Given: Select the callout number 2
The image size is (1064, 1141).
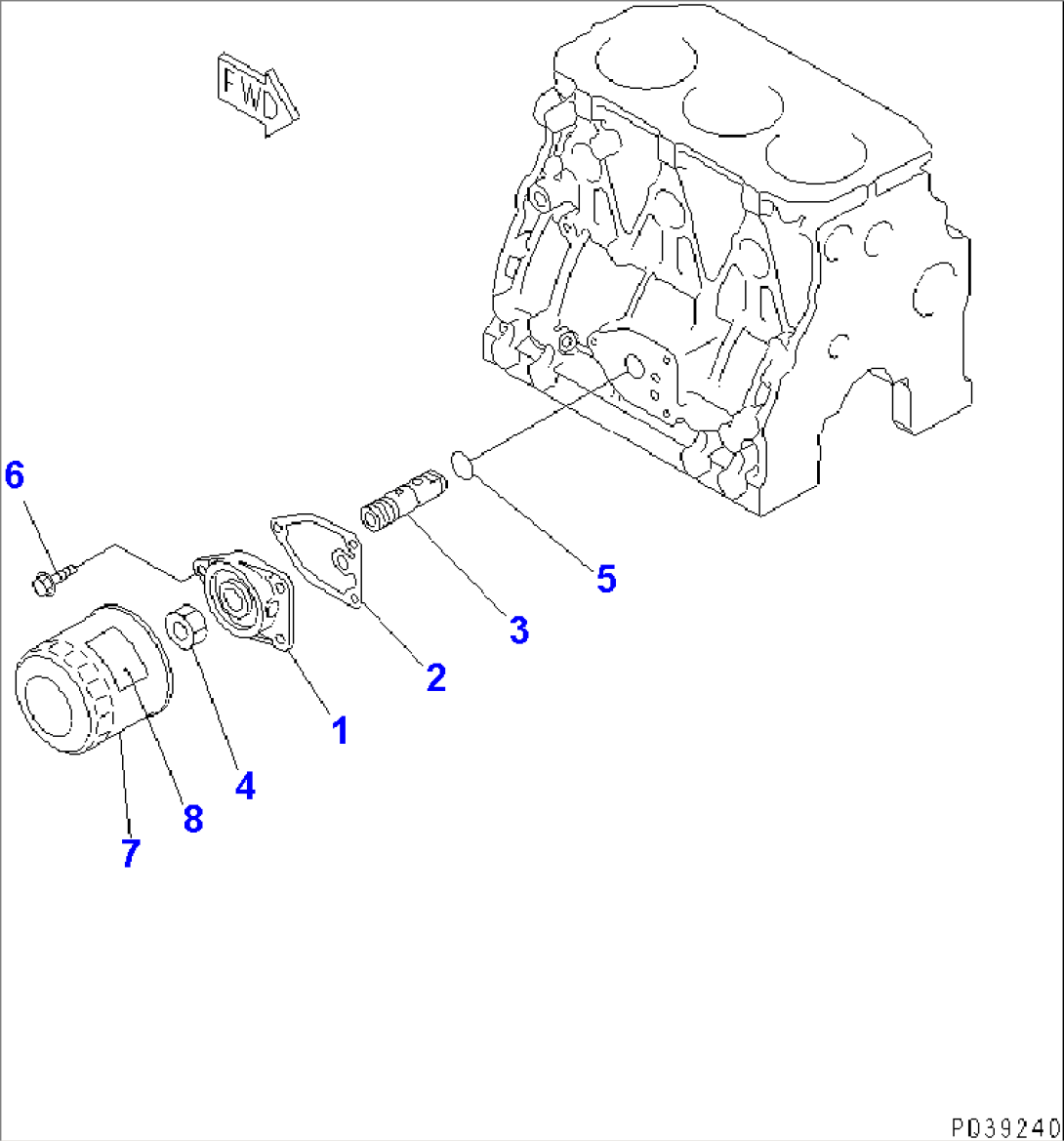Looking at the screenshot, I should (435, 676).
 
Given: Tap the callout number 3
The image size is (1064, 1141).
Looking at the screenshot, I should (518, 630).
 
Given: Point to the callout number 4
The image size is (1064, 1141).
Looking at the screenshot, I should (244, 785).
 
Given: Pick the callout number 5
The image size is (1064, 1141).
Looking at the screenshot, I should (606, 579).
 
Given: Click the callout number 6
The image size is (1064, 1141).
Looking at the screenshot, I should (14, 475).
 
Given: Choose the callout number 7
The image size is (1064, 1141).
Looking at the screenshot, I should (130, 852).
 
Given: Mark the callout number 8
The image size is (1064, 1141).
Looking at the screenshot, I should (192, 819).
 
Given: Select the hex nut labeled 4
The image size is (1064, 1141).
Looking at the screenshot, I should (185, 627).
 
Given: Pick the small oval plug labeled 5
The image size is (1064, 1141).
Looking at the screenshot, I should (463, 464).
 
